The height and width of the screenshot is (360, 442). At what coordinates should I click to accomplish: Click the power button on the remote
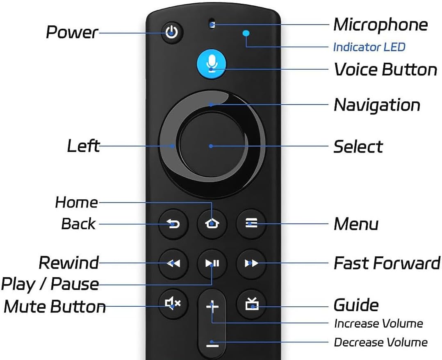coord(172,33)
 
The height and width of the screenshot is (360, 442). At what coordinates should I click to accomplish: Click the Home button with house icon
coord(212,223)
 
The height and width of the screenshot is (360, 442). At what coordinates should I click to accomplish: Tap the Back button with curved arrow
coord(173,223)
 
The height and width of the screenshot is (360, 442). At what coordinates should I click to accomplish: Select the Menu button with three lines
coord(251,223)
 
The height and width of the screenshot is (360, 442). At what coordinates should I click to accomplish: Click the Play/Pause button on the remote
coord(212,263)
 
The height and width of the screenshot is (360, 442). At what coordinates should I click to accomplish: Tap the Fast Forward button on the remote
coord(251,263)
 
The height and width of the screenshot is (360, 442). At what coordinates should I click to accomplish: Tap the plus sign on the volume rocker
coord(212,306)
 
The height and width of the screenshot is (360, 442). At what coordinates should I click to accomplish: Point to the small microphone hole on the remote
coord(212,24)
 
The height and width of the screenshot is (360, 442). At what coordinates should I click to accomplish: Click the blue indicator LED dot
coord(246,33)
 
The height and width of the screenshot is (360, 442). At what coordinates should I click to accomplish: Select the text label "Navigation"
coord(377,105)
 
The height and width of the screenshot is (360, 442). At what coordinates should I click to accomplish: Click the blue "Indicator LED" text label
coord(369,47)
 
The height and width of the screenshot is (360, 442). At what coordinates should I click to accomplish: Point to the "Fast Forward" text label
coord(387,263)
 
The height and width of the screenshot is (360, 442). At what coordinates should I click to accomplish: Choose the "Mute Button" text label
coord(55,306)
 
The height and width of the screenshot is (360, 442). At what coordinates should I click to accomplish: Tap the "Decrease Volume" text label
coord(380,342)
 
